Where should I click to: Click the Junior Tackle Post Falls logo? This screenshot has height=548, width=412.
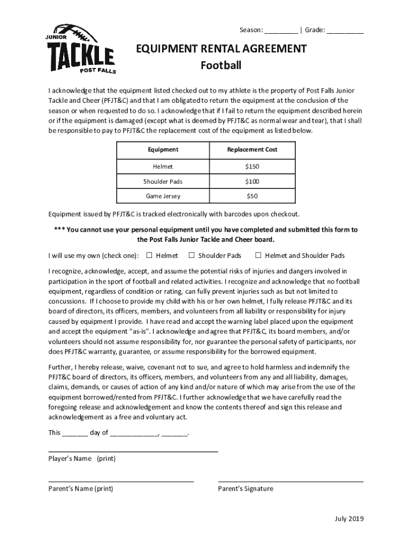(x=81, y=49)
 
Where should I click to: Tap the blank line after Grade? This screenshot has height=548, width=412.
(x=345, y=31)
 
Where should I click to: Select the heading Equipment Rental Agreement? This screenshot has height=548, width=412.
(x=221, y=49)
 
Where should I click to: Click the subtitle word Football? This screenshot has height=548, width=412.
(x=221, y=66)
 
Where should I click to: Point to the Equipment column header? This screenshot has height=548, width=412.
(x=163, y=150)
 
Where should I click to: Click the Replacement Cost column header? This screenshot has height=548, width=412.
(x=252, y=150)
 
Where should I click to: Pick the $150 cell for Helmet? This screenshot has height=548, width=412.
(x=252, y=166)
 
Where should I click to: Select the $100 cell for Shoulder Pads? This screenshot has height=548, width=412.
(x=252, y=181)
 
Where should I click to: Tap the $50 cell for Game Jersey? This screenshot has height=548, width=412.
(x=252, y=196)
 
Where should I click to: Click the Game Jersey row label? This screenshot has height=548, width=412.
(x=163, y=196)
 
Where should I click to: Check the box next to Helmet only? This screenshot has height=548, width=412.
(x=149, y=255)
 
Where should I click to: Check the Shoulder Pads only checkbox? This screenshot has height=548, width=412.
(x=192, y=255)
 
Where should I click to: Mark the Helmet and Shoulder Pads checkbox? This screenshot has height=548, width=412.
(x=258, y=255)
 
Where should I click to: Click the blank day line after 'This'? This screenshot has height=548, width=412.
(x=75, y=433)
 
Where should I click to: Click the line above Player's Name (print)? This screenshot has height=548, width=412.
(x=133, y=451)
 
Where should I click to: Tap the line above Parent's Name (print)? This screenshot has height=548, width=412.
(x=121, y=481)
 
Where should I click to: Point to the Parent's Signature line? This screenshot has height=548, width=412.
(x=291, y=481)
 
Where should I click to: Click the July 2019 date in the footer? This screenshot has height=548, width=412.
(x=349, y=519)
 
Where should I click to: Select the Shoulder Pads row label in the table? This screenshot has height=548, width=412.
(x=163, y=181)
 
